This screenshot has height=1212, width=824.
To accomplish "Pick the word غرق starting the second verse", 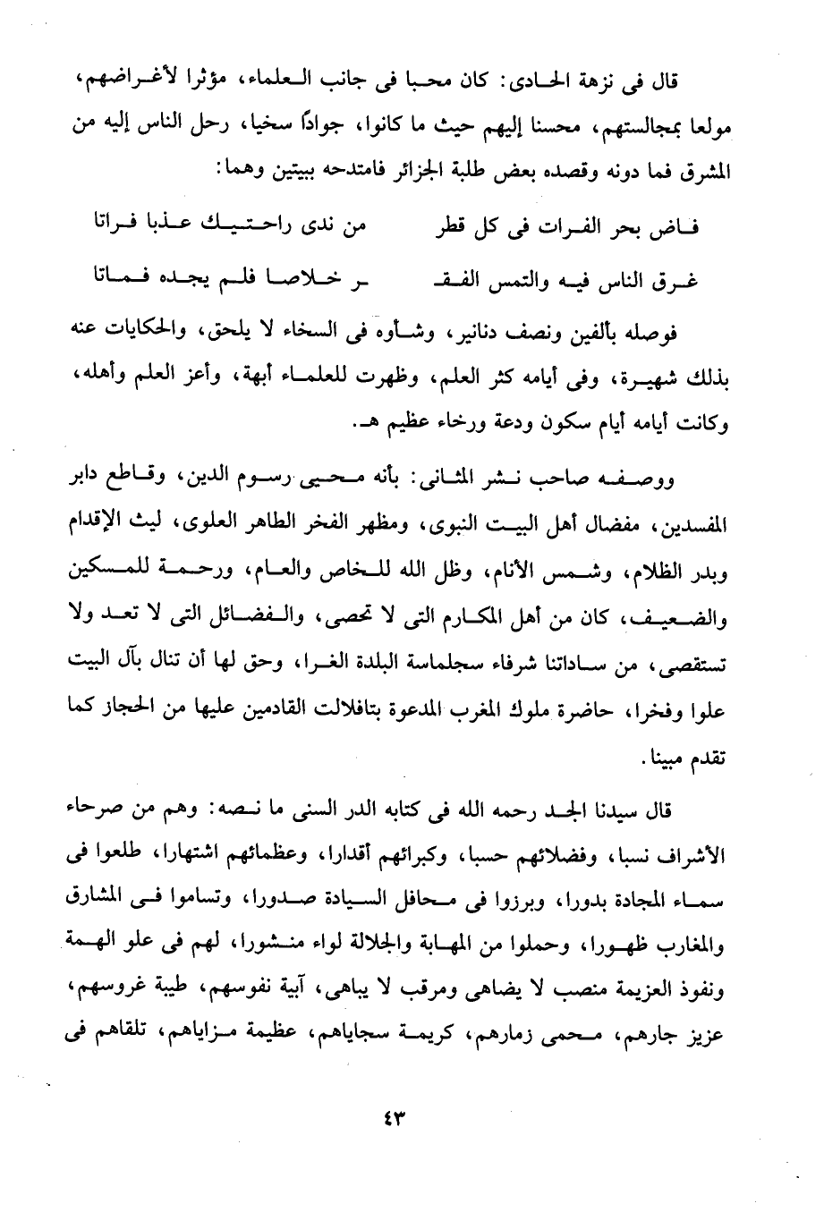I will tap(675, 283).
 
